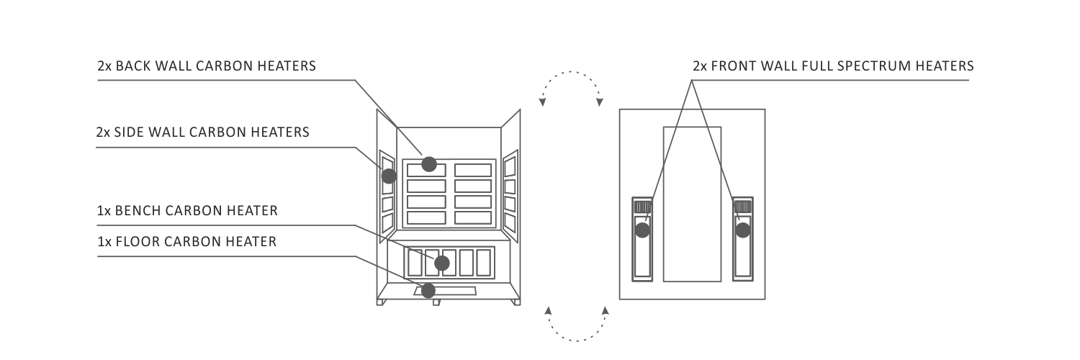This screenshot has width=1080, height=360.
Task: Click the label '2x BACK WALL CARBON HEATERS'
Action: click(207, 66)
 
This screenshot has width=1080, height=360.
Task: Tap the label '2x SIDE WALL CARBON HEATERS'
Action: click(202, 132)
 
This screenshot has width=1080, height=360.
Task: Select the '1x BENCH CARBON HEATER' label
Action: click(187, 211)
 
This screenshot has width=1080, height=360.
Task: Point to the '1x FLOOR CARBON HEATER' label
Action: click(187, 241)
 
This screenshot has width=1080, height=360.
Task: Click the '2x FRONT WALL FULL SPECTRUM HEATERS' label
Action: click(833, 66)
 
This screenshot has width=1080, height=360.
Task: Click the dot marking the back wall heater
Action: click(429, 165)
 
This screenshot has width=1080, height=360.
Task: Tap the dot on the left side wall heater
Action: click(389, 176)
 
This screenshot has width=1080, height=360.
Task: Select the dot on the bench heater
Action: click(442, 263)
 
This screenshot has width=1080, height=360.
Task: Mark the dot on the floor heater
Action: click(428, 291)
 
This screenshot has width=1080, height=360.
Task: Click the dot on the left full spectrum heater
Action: click(642, 230)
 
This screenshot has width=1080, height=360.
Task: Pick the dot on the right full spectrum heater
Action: click(743, 230)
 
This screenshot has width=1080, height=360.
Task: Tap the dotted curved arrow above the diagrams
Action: click(571, 72)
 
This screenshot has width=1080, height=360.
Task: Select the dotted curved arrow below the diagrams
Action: click(577, 341)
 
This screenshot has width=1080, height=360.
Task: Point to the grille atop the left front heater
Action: click(642, 207)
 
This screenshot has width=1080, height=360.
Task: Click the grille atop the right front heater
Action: click(743, 207)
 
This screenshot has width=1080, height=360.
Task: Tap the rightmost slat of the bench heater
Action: click(484, 263)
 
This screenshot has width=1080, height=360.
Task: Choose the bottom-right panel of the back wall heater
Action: click(473, 217)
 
